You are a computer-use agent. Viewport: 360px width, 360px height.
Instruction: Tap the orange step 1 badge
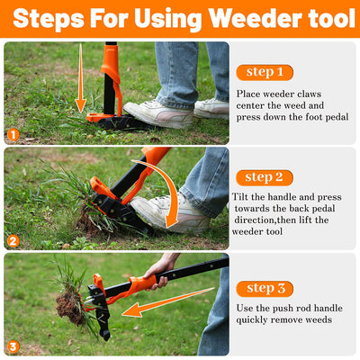pyautogui.click(x=265, y=72)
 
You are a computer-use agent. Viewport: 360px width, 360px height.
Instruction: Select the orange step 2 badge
pyautogui.click(x=265, y=177)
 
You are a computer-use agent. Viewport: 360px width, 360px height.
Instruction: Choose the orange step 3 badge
pyautogui.click(x=265, y=288)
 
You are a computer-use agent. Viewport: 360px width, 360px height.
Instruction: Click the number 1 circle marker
pyautogui.click(x=13, y=136)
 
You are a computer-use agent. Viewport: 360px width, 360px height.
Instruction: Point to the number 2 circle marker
pyautogui.click(x=13, y=240)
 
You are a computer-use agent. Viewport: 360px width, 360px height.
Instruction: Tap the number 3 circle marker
pyautogui.click(x=13, y=346)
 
